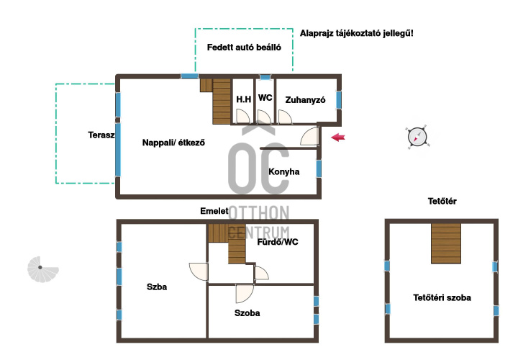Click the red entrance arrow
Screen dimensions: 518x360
coord(338,138)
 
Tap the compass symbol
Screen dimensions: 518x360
coord(417,137)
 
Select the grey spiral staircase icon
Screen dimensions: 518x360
coord(42,269)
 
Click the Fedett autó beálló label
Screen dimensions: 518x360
coord(244,48)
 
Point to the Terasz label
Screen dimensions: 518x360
coord(101,135)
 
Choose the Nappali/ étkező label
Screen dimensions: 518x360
coord(173,143)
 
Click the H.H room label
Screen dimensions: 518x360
coord(243,99)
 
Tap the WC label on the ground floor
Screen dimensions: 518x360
coord(265,98)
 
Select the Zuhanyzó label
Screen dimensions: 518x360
coord(305,100)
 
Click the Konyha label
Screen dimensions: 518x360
coord(283,171)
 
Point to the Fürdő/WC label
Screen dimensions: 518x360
coord(278,242)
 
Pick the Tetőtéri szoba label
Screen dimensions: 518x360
coord(442,297)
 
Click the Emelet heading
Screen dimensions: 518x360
coord(214,211)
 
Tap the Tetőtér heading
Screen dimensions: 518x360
coord(442,201)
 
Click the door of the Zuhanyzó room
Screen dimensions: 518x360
coord(285,117)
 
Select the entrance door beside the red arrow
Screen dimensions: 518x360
coord(309,136)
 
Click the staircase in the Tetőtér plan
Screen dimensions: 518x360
coord(446,243)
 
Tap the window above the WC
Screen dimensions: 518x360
coord(265,77)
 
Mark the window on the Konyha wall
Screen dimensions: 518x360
coord(319,168)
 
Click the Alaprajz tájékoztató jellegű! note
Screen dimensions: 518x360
coord(356,33)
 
